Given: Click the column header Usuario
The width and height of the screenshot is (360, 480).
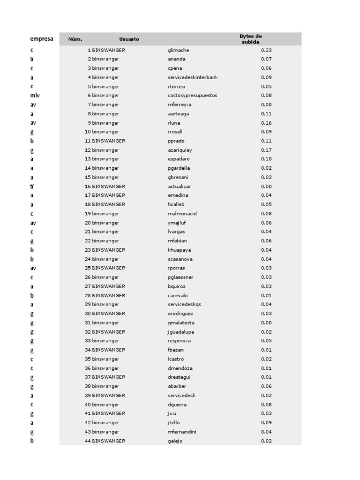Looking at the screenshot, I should [129, 39].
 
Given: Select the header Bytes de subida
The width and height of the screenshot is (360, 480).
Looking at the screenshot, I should [250, 39].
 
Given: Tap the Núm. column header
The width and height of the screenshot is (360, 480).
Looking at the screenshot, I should [75, 39].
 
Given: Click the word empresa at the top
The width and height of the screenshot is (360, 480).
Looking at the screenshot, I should [42, 39].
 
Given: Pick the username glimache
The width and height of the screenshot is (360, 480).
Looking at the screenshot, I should [178, 50].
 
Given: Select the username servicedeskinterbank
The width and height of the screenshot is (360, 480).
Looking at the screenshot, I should [193, 77].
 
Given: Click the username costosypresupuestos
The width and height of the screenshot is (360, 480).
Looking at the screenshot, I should [192, 96].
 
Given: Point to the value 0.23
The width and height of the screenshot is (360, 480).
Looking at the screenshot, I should [266, 50].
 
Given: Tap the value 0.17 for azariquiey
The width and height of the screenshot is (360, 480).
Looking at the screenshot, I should [266, 150].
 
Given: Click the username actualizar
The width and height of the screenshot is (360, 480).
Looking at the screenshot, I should [179, 187].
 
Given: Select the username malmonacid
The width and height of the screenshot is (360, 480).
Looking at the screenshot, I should [182, 214].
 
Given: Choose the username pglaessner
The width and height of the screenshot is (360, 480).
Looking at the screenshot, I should [180, 277].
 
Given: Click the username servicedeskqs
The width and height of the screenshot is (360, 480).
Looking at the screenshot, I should [184, 305].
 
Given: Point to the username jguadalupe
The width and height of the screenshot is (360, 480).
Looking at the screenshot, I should [180, 332].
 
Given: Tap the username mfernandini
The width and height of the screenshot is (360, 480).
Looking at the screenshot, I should [182, 432].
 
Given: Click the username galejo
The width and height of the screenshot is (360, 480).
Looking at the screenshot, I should [175, 441].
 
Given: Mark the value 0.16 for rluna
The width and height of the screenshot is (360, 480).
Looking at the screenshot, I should [266, 123].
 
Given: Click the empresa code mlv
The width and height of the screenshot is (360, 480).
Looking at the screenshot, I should [35, 96].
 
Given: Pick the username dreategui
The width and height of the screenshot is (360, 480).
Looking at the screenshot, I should [179, 377].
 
